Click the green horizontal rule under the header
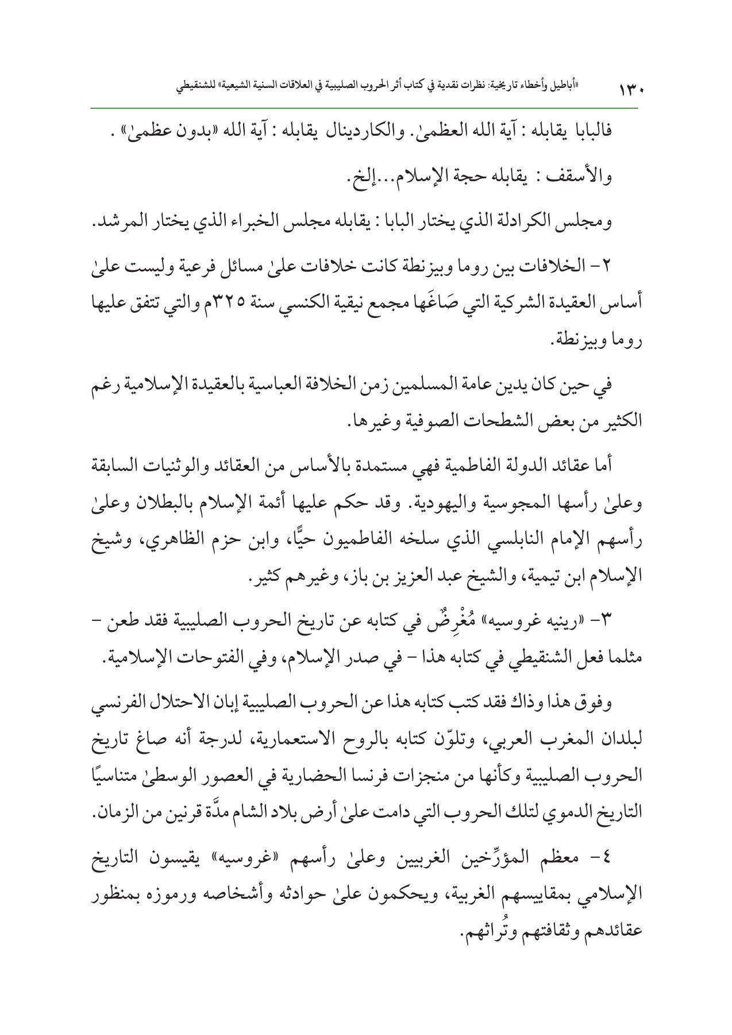click(365, 108)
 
